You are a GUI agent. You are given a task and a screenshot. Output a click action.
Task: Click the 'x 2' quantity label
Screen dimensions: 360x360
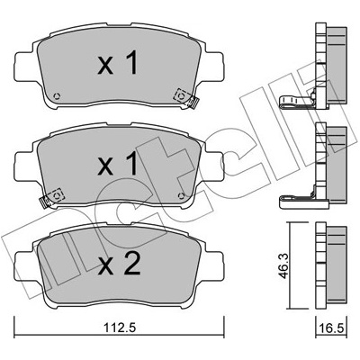(119, 263)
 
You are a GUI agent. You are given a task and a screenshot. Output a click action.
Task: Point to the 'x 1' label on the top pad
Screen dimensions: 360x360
(118, 63)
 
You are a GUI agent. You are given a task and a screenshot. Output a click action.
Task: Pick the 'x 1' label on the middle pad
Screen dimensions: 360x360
(118, 163)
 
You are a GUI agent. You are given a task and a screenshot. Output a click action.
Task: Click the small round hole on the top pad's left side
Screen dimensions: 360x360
(57, 96)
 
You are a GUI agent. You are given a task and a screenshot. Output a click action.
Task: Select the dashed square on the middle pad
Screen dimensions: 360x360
(56, 195)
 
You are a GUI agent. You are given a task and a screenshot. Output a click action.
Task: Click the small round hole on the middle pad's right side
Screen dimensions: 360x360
(181, 195)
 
